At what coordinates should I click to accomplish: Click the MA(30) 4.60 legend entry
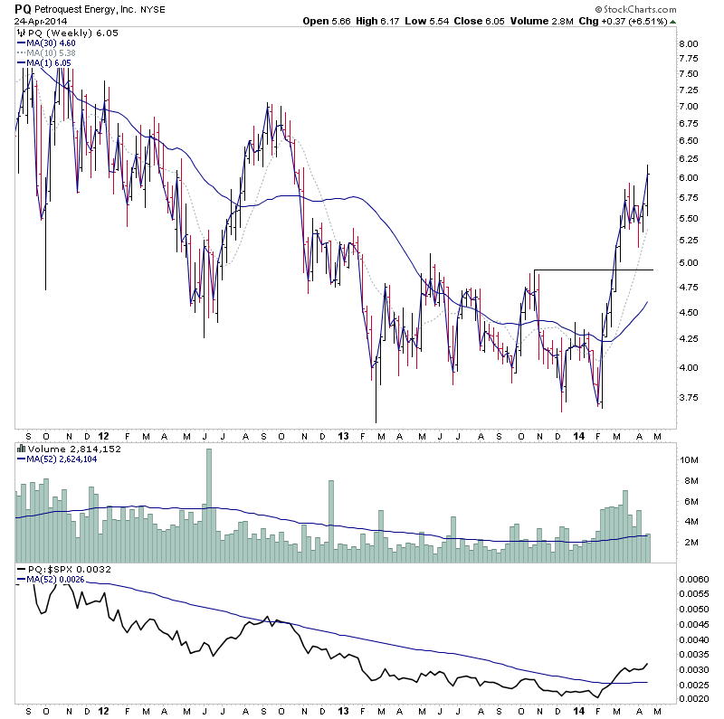tap(52, 42)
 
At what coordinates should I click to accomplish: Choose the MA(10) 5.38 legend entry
tap(52, 52)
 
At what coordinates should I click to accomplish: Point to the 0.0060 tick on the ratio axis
tap(695, 578)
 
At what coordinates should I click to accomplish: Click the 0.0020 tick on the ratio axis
tap(695, 698)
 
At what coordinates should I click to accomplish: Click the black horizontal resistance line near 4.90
tap(593, 270)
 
